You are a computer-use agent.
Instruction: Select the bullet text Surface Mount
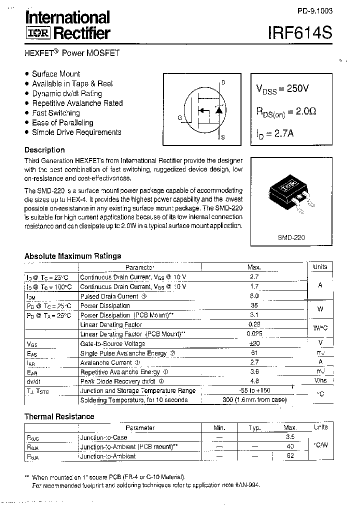(x=55, y=73)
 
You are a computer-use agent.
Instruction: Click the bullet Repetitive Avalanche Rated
(x=77, y=103)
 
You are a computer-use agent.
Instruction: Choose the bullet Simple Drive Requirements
(x=76, y=132)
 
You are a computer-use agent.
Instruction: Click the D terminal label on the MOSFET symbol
(x=223, y=82)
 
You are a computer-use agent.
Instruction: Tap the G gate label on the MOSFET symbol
(x=179, y=118)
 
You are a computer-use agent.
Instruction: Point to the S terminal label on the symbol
(x=223, y=137)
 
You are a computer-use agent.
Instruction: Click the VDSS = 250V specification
(x=282, y=88)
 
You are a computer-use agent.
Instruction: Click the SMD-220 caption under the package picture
(x=291, y=238)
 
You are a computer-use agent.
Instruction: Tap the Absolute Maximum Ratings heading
(x=72, y=256)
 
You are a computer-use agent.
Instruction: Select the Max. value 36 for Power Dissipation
(x=253, y=305)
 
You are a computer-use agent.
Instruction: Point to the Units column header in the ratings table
(x=320, y=267)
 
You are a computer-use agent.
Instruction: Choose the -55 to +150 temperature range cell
(x=253, y=390)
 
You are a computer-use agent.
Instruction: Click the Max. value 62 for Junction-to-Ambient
(x=290, y=456)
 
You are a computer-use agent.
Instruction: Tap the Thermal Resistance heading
(x=59, y=416)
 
